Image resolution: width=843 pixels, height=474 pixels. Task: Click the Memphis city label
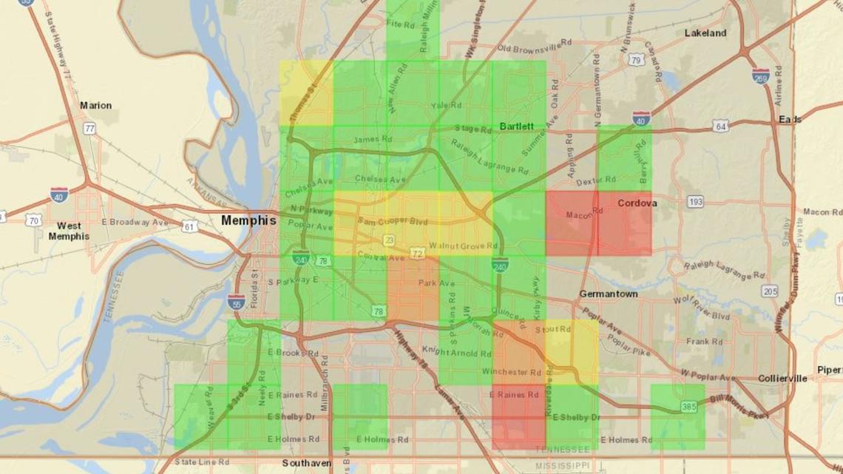tap(248, 220)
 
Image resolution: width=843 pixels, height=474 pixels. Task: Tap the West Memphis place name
tap(69, 231)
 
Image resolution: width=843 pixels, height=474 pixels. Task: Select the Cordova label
tap(637, 202)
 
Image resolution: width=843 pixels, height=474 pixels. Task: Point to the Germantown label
tap(609, 294)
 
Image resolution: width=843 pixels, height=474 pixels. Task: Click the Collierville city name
tap(782, 379)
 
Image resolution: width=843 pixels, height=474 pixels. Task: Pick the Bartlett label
tap(516, 126)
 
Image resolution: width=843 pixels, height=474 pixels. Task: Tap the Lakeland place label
tap(705, 33)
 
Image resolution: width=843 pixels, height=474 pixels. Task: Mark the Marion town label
tap(95, 106)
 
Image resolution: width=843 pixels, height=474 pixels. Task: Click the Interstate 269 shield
tap(760, 75)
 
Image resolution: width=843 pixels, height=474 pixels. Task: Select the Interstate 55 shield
tap(236, 300)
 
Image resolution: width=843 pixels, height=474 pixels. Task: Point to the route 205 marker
tap(770, 291)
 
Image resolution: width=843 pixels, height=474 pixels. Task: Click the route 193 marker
tap(695, 201)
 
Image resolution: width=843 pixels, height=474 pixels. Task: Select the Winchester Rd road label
tap(512, 371)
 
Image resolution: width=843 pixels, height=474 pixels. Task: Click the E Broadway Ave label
tap(135, 222)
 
